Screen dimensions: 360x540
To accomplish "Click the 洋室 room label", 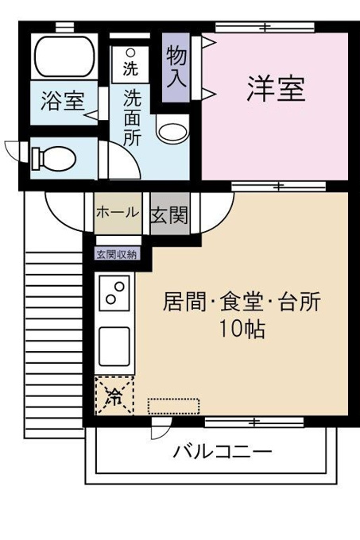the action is coord(276,88).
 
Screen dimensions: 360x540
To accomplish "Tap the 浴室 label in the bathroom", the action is coord(63,101).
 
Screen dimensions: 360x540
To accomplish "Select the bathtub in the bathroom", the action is coord(64,56).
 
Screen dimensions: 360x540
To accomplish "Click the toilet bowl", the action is coord(54,158).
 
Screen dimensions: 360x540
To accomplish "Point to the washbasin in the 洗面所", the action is coord(173,131).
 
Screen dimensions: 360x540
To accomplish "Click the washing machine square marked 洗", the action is coord(130,64).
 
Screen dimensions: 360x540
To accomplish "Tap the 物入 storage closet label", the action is coord(176,67).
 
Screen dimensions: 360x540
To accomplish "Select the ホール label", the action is coord(118,212).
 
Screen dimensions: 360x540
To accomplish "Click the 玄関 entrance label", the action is coord(169,215).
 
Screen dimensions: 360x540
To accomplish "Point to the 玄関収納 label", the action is coord(117,254).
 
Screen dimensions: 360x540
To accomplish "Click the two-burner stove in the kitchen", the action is coord(114,293).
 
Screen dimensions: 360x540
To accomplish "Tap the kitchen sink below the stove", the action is coord(114,346).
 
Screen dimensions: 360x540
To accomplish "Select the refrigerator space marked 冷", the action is coord(114,395).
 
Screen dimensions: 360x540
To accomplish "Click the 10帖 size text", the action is coord(242,330).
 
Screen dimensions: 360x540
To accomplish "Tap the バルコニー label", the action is coord(223,452).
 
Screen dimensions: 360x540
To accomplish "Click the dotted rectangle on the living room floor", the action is coord(173,406).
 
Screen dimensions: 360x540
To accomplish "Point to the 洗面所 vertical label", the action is coord(133,118).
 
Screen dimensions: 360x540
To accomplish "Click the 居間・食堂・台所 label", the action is coord(242,301).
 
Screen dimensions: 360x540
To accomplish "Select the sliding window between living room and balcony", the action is coord(254,422).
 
